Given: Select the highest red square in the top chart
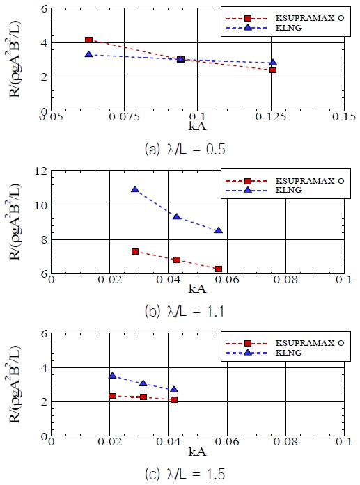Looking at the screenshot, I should click(88, 40).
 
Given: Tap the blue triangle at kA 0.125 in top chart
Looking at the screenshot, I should click(273, 63).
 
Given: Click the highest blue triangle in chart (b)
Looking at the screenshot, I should click(135, 189).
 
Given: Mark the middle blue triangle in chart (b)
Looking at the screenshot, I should click(177, 217).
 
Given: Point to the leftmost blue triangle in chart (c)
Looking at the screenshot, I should click(112, 376).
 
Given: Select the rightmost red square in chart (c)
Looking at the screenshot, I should click(173, 399).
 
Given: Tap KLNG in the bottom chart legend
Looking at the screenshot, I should click(272, 352).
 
